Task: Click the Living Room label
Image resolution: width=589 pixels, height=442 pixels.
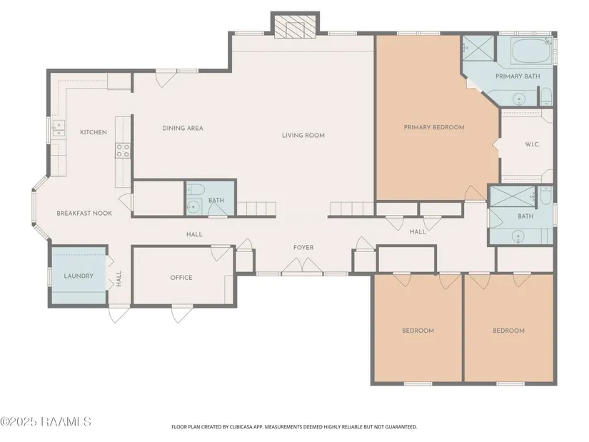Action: tap(303, 135)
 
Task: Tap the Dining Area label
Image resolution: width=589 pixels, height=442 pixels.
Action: tap(183, 128)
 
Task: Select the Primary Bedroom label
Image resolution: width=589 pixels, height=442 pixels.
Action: tap(434, 127)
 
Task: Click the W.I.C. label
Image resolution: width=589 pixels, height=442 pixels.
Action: tap(533, 144)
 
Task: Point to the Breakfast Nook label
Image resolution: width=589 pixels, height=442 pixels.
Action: tap(84, 214)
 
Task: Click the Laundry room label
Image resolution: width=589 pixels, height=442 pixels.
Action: tap(79, 276)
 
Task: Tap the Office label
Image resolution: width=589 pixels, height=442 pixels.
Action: tap(181, 277)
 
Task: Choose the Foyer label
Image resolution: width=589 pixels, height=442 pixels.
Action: tap(303, 247)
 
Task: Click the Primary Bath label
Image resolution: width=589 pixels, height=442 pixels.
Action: tap(518, 76)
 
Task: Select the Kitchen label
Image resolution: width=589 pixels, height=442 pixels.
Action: tap(93, 132)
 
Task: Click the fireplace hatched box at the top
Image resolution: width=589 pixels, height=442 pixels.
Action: tap(295, 27)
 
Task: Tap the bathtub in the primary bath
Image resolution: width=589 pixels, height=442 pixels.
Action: tap(531, 51)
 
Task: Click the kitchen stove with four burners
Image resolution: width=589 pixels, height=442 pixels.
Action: tap(123, 151)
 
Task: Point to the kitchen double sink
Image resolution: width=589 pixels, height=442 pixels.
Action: tap(59, 128)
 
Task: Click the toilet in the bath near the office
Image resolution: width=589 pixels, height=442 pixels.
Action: tap(196, 189)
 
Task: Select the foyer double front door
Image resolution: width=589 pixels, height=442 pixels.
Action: tap(303, 266)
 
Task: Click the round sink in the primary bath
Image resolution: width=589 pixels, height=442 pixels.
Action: tap(519, 99)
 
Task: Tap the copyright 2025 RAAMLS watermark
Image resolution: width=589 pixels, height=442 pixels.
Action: tap(46, 422)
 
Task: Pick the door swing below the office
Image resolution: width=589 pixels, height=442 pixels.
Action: tap(182, 314)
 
